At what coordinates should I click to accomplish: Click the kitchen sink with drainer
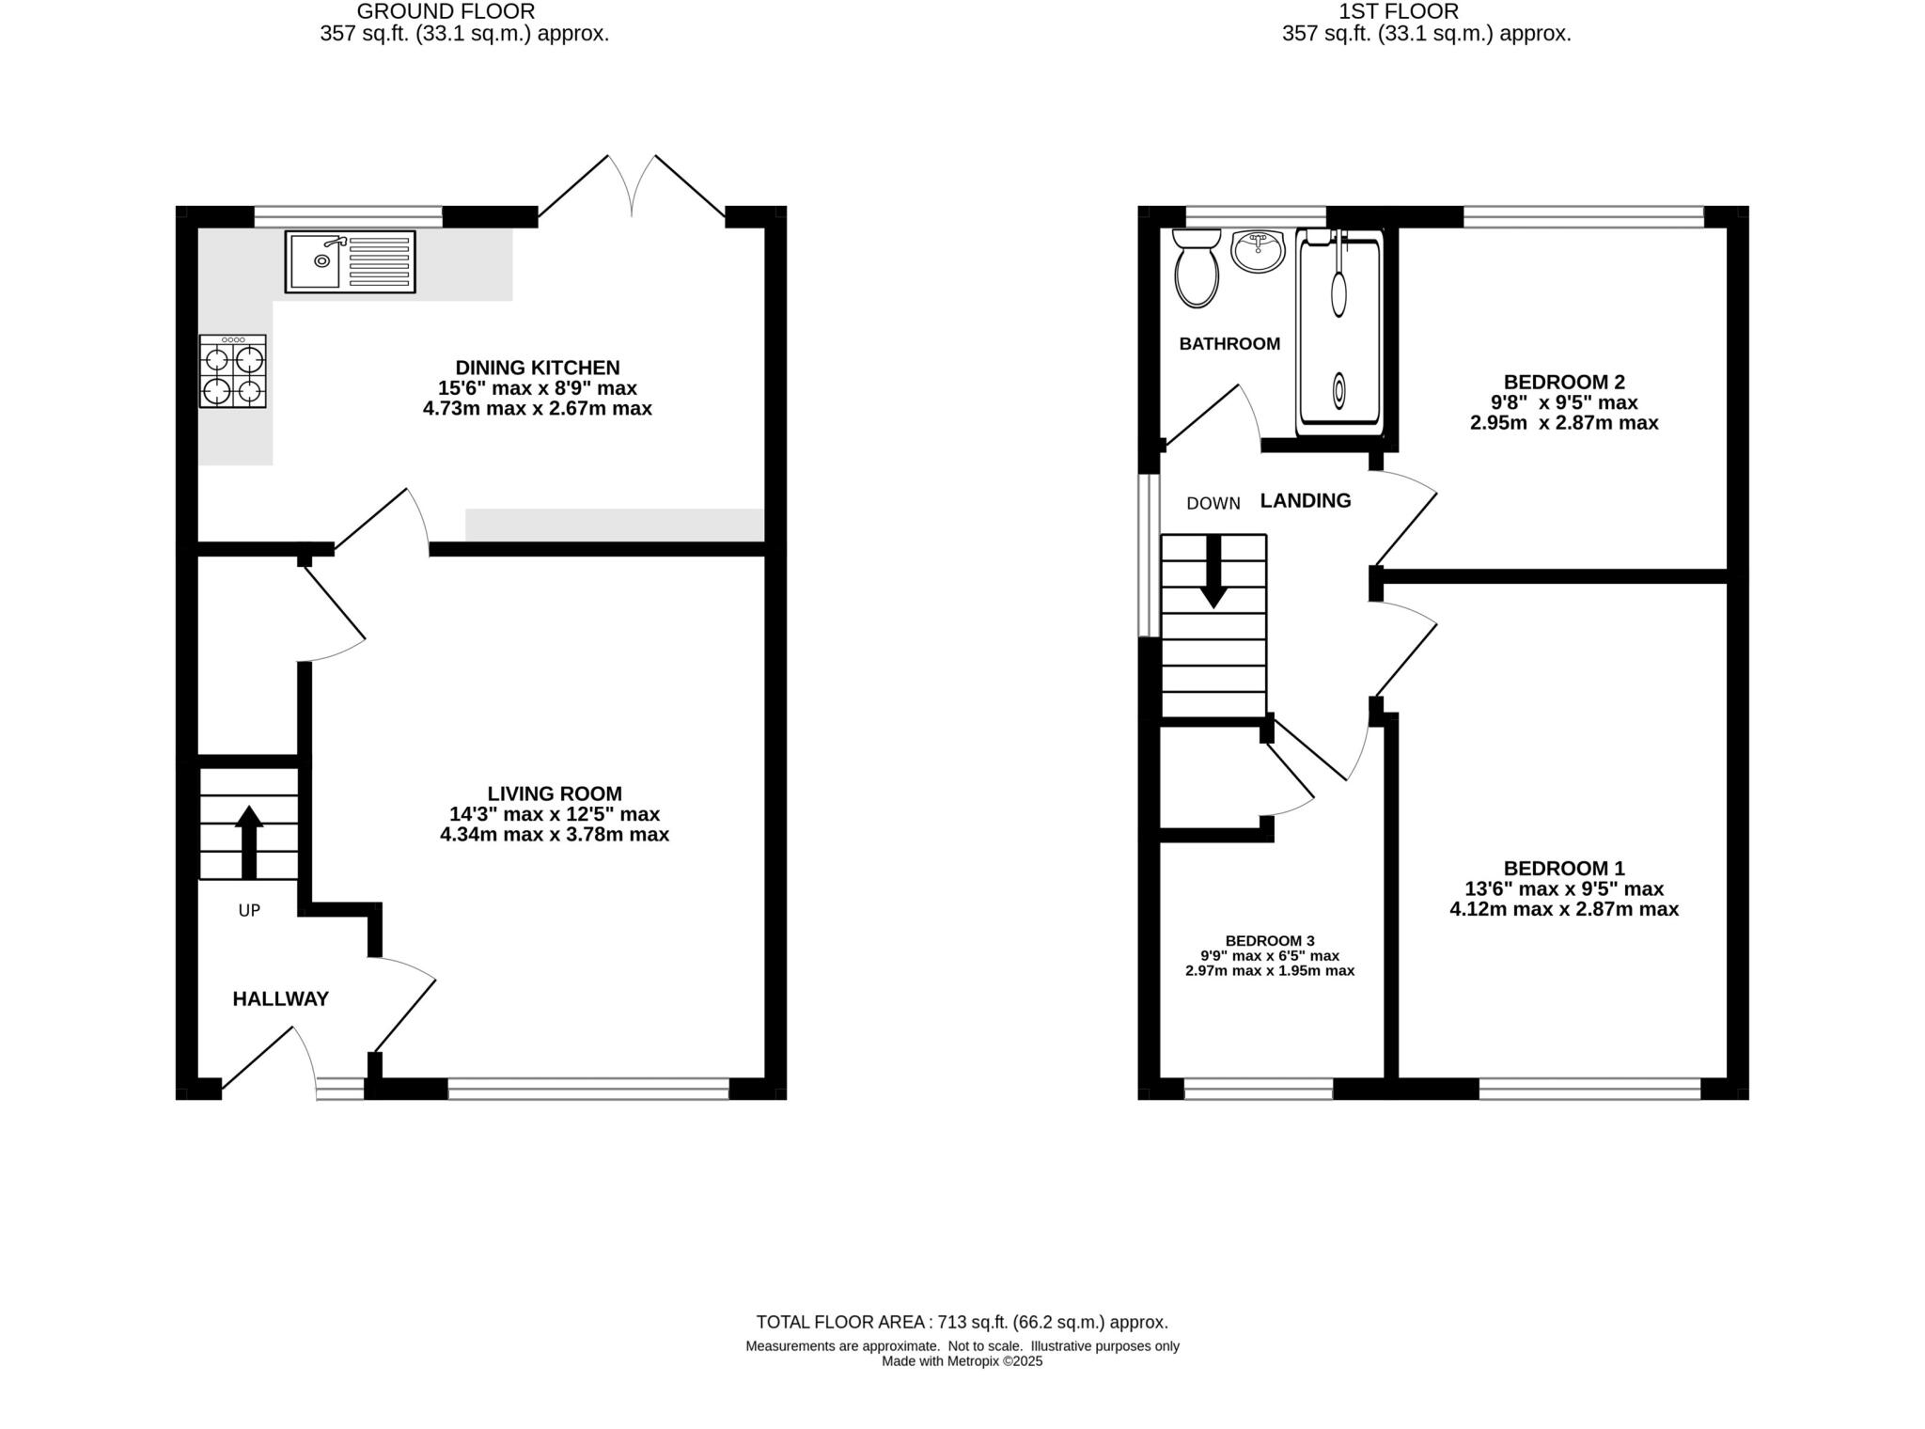pos(350,261)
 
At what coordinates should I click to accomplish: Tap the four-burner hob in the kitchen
pos(232,371)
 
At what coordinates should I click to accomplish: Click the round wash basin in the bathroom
pos(1258,251)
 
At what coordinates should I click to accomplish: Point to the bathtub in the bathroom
pos(1338,334)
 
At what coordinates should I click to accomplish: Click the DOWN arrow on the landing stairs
pos(1213,571)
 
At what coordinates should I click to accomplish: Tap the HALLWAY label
pos(280,999)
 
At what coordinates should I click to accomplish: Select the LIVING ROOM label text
pos(555,793)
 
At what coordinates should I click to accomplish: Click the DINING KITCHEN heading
pos(538,368)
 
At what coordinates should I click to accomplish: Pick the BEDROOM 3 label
pos(1270,940)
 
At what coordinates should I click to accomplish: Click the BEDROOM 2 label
pos(1564,382)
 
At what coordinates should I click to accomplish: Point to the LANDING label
pos(1305,501)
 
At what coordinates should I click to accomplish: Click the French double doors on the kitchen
pos(632,188)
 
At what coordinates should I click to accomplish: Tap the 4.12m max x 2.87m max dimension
pos(1564,909)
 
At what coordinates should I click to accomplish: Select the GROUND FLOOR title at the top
pos(446,11)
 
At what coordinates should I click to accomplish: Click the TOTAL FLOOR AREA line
pos(962,1322)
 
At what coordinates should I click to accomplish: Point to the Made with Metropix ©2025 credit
pos(962,1360)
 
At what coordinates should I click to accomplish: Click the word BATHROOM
pos(1229,344)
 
